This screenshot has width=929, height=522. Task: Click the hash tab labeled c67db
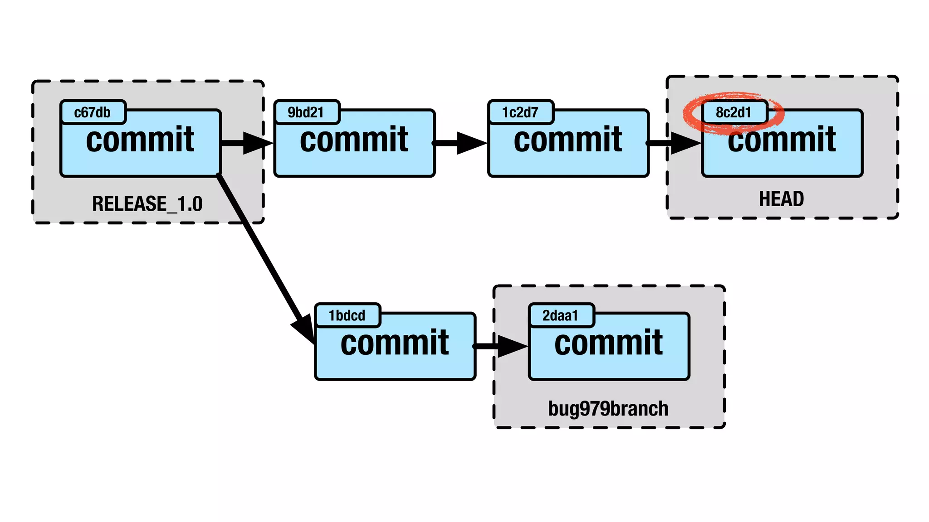[93, 112]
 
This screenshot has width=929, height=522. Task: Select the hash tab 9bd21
[306, 112]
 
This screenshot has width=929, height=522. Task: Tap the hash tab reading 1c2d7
[520, 112]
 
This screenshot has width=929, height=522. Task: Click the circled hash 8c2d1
[733, 112]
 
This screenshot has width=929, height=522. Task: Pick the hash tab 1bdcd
[347, 315]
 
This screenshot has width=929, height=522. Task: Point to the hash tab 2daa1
[561, 315]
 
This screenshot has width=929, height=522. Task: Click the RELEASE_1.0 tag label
[147, 204]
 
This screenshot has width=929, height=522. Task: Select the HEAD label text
[782, 199]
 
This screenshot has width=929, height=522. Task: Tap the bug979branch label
[608, 409]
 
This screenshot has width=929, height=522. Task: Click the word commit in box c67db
[140, 140]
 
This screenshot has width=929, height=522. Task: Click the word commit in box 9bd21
[354, 140]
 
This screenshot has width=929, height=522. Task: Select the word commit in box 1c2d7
[568, 140]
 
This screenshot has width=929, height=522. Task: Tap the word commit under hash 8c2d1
[782, 140]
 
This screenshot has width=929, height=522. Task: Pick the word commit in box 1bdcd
[395, 343]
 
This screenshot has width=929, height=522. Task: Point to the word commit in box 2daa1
[608, 343]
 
